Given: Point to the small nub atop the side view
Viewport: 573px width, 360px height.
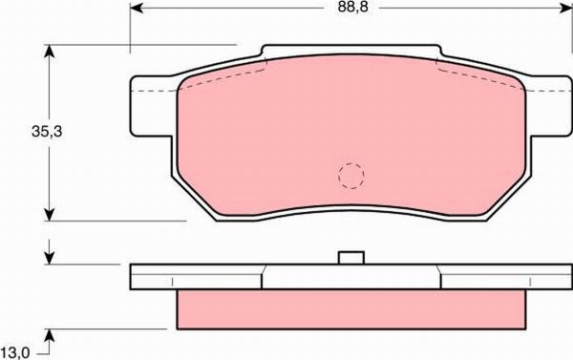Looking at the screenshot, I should [x=351, y=256].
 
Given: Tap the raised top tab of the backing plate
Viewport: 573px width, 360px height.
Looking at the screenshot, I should [x=351, y=49].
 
